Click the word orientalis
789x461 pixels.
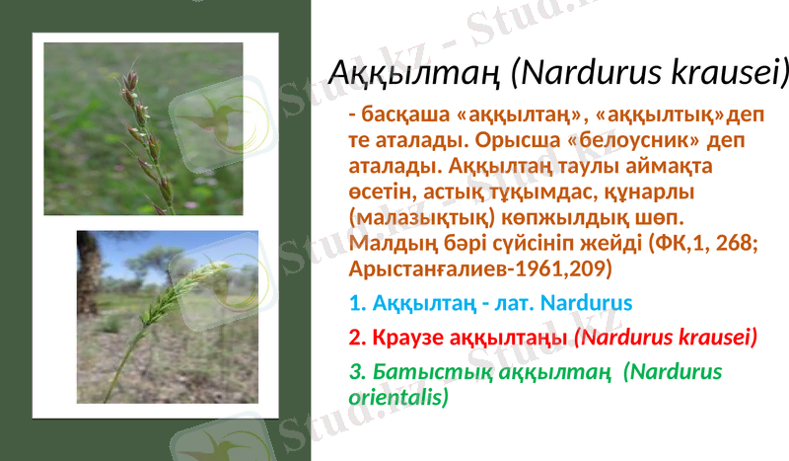click(398, 397)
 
